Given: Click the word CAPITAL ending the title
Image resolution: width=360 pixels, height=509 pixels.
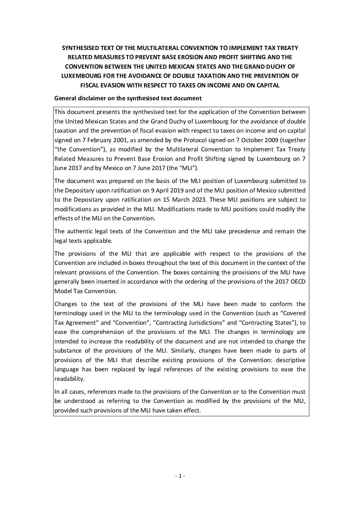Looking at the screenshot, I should [x=268, y=86].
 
